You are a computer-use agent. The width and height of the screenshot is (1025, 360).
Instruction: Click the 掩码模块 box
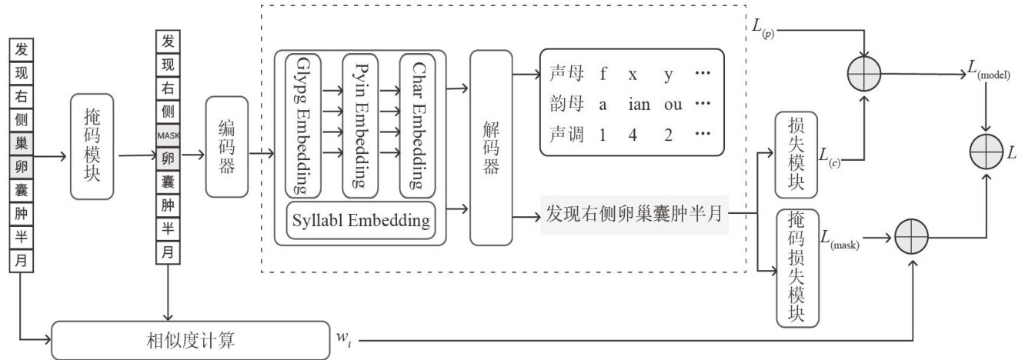(x=92, y=154)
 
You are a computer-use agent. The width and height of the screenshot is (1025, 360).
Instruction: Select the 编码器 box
(x=227, y=146)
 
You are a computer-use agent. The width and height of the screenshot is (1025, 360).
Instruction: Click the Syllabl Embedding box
(x=360, y=220)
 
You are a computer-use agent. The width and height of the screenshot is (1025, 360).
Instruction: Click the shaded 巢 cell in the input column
(x=21, y=142)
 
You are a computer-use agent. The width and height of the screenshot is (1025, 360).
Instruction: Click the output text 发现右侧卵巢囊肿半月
(x=636, y=214)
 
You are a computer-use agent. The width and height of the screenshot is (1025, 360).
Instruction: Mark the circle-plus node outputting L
(x=988, y=152)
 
